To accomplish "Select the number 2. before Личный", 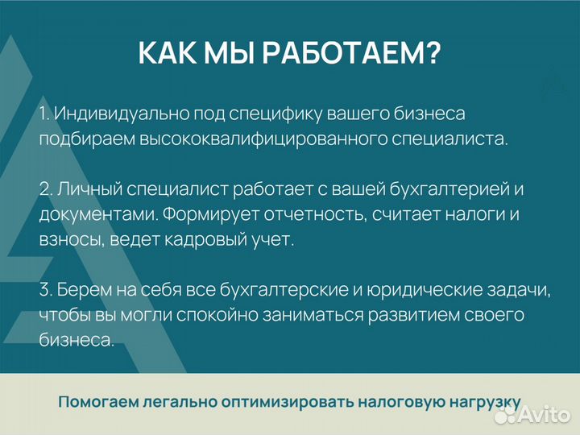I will (45, 189).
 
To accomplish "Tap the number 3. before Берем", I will (45, 290).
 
